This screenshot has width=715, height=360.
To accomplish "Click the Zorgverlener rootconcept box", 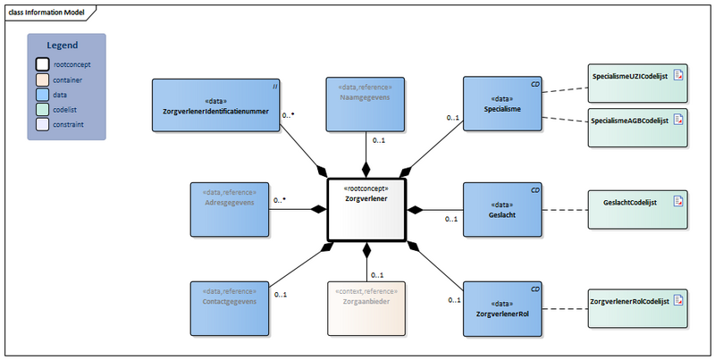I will pos(366,210).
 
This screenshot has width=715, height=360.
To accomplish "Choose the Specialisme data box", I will pos(502,105).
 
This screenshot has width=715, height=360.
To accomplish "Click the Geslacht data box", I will pos(502,210).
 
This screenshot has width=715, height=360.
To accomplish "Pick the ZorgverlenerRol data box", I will pos(502,309).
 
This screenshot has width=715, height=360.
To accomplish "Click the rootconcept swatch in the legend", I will pos(42,64).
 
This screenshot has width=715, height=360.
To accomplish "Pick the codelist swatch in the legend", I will pos(42,110).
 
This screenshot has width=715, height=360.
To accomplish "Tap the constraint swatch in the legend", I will pos(42,125).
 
